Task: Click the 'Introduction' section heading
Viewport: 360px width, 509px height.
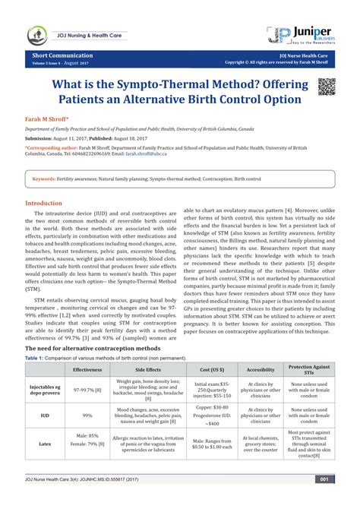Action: tap(48, 204)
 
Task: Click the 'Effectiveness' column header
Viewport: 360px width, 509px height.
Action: tap(87, 368)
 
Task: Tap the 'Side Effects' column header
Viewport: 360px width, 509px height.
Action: tap(147, 368)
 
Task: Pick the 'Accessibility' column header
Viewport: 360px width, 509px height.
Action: tap(261, 368)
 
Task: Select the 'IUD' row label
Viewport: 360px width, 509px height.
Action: tap(45, 416)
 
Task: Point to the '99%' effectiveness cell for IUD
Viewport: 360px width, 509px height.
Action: tap(87, 416)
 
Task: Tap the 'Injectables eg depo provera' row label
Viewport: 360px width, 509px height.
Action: tap(45, 390)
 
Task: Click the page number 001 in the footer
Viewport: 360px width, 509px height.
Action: tap(323, 500)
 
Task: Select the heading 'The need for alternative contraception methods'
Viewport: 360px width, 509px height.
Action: tap(93, 347)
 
